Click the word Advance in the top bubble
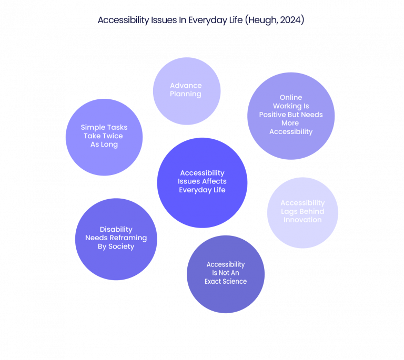click(x=186, y=86)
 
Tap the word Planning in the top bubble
click(x=186, y=94)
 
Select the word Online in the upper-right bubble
click(x=291, y=97)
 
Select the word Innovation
click(x=302, y=220)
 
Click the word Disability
click(x=116, y=229)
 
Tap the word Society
click(x=122, y=246)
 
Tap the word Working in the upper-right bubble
click(x=291, y=106)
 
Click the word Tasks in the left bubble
click(x=116, y=127)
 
